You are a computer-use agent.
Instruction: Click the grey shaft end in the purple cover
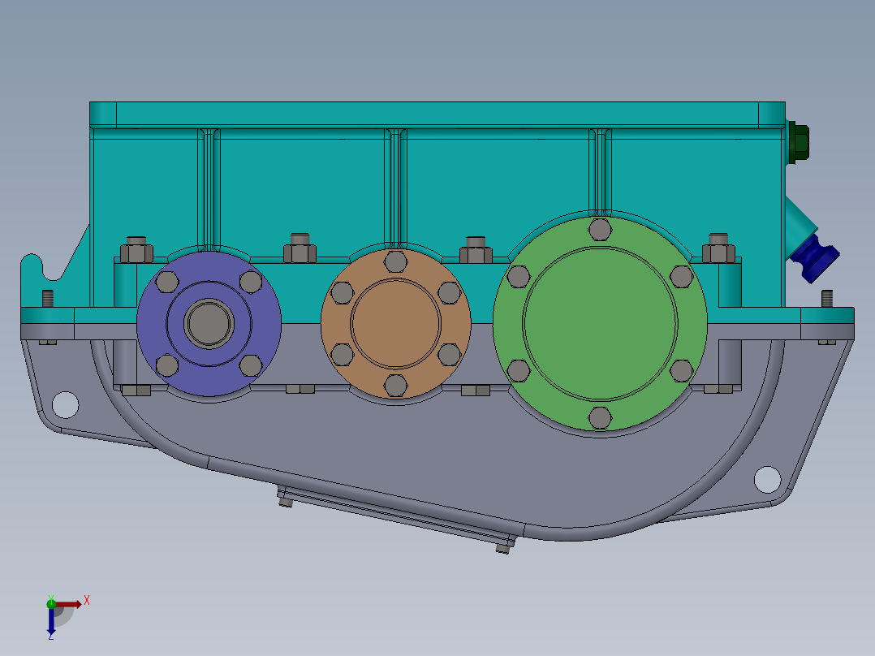[209, 322]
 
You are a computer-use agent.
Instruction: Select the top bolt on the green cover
[600, 230]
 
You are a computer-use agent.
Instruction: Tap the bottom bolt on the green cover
[600, 418]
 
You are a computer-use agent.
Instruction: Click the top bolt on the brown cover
[396, 261]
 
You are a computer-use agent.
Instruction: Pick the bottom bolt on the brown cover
[396, 385]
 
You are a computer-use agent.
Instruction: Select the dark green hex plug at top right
[798, 143]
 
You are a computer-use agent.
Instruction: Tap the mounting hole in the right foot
[767, 479]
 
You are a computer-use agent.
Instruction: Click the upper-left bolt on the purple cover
[167, 282]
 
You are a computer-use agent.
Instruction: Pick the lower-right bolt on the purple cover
[251, 366]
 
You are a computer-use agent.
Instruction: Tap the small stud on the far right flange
[827, 298]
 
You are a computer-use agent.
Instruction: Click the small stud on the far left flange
[47, 298]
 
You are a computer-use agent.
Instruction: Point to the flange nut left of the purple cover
[136, 249]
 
